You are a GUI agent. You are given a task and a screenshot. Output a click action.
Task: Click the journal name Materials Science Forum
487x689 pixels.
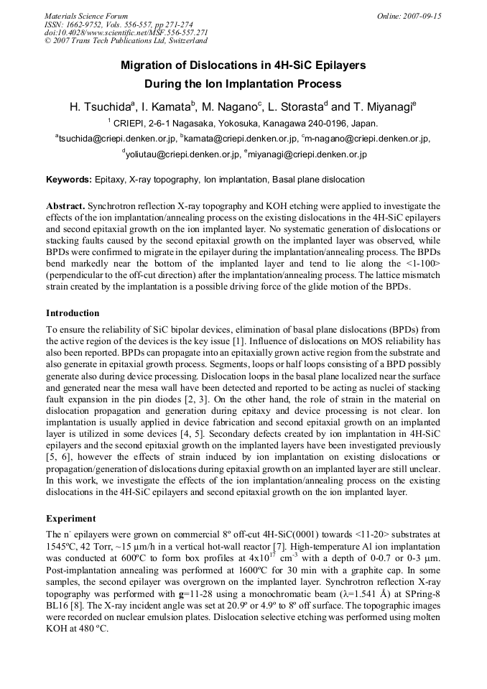coord(86,16)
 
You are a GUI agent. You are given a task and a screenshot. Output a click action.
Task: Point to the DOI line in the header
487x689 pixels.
coord(126,32)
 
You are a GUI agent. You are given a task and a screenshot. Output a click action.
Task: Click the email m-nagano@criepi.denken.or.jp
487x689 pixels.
coord(367,139)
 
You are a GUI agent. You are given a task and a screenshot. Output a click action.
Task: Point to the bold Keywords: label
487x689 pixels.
coord(69,180)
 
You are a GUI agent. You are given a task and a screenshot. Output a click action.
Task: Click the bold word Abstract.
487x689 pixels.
coord(66,205)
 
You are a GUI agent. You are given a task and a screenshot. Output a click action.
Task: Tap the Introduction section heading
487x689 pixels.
coord(73,313)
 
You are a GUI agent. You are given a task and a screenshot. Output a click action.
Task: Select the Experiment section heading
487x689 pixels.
coord(70,518)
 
